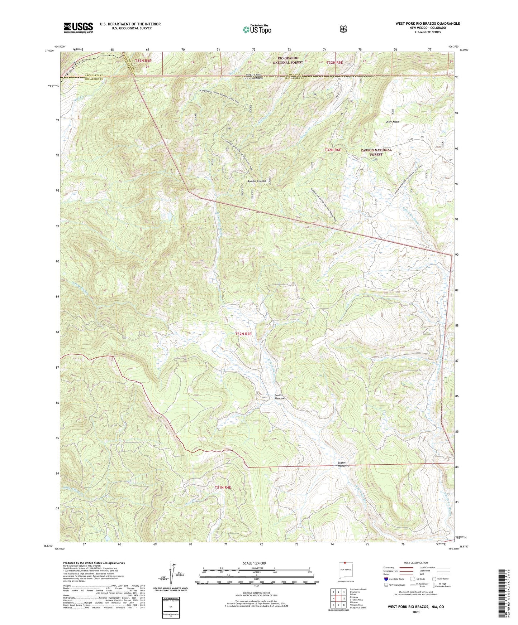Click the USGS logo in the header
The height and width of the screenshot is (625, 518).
[x=78, y=28]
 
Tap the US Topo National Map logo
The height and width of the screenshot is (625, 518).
[x=256, y=29]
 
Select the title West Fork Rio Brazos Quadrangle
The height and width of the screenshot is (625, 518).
[x=427, y=24]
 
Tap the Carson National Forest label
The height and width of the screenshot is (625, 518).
[x=376, y=152]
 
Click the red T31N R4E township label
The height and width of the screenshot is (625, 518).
[x=223, y=487]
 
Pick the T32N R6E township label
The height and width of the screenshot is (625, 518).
[x=332, y=150]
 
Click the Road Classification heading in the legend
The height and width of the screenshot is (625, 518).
[x=416, y=563]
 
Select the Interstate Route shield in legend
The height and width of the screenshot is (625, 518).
[x=386, y=579]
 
